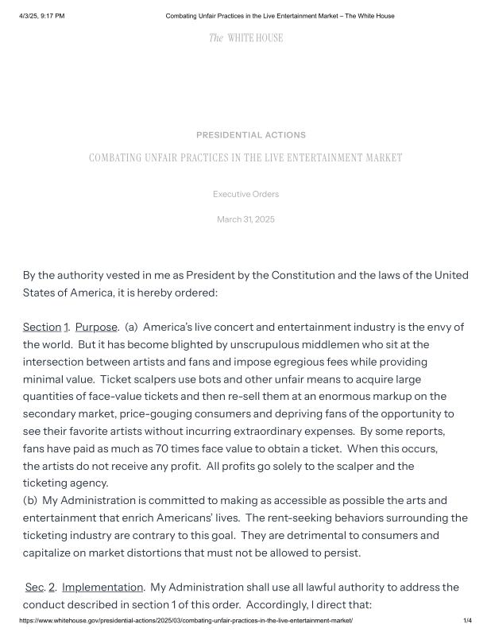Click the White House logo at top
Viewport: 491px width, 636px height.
(246, 38)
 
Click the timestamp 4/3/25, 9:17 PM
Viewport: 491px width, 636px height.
(41, 16)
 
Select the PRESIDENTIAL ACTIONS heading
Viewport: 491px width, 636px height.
(251, 135)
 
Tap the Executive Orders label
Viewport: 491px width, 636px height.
(246, 194)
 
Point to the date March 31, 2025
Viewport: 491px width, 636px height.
(246, 219)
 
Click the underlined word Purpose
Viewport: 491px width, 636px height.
(96, 327)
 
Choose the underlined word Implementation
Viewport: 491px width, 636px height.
(102, 587)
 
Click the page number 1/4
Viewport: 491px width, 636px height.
(467, 620)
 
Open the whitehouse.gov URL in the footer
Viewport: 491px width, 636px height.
(185, 620)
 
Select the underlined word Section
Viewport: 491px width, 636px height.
(42, 327)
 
